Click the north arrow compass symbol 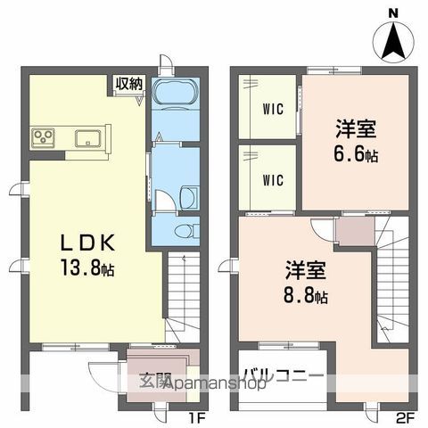tap(393, 40)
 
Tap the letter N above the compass tap(393, 12)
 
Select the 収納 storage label tap(128, 83)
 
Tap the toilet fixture tap(183, 231)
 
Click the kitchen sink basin tap(88, 136)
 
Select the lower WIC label tap(273, 179)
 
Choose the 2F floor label tap(406, 416)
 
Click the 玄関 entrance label tap(155, 382)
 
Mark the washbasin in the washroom tap(187, 197)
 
